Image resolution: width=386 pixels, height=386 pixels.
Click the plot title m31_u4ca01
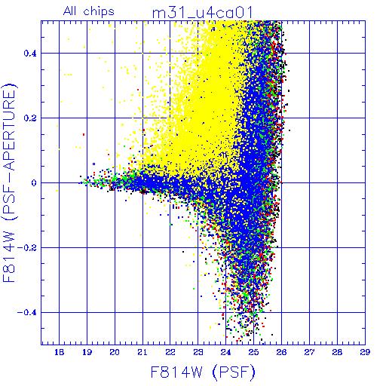[202, 13]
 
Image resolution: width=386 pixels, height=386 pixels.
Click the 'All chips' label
[89, 11]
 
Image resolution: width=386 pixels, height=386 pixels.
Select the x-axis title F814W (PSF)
[203, 372]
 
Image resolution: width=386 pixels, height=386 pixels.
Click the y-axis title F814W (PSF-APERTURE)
[10, 182]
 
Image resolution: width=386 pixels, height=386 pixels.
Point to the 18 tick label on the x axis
[59, 352]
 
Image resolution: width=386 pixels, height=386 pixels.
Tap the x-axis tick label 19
[87, 352]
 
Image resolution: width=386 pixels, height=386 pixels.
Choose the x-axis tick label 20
[115, 352]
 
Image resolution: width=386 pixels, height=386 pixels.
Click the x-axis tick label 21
[142, 352]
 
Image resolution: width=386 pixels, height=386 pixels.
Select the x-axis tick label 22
[170, 352]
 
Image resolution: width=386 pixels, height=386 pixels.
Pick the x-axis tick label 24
[225, 352]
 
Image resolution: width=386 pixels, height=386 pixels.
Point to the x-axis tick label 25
[253, 352]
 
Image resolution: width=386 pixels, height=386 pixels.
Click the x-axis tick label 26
[281, 352]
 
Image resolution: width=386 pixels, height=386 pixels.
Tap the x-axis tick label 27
[309, 352]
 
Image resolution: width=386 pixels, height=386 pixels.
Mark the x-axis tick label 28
[337, 352]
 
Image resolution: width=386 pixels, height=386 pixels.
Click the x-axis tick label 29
[365, 352]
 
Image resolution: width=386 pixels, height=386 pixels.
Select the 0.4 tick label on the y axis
[30, 54]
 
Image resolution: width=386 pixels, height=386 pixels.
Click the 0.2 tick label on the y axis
[30, 118]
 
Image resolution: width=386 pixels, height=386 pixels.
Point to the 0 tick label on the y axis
[34, 183]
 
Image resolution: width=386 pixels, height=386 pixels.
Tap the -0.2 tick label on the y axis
[27, 248]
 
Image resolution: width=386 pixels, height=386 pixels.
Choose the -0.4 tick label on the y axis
[27, 313]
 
